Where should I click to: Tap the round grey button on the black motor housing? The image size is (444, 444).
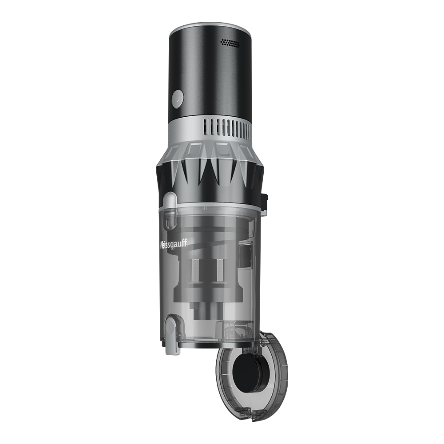click(x=178, y=99)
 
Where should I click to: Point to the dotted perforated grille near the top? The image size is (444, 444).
click(x=230, y=43)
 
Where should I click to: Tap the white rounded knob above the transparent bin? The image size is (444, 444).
click(x=170, y=199)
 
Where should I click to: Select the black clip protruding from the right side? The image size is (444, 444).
click(x=265, y=202)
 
